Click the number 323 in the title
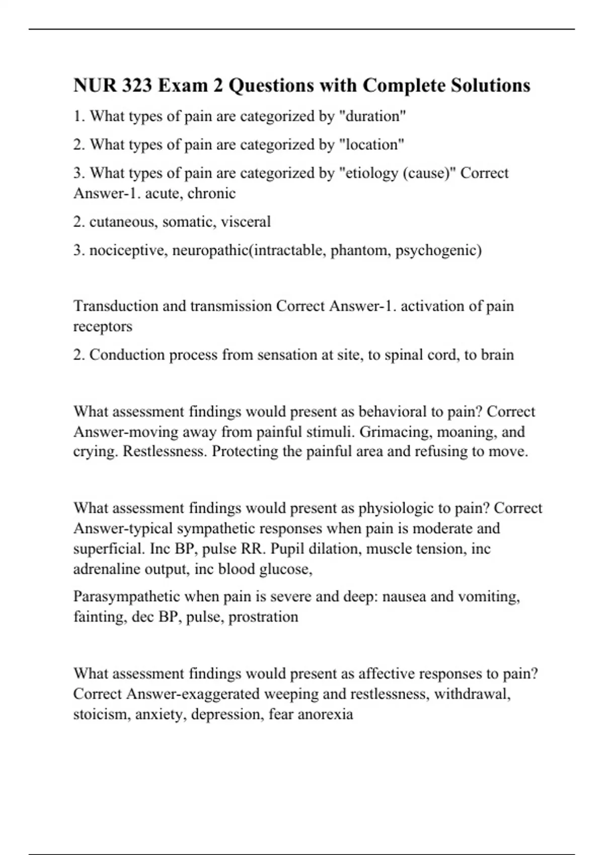tap(136, 85)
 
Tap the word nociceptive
tap(128, 250)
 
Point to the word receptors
tap(103, 326)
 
